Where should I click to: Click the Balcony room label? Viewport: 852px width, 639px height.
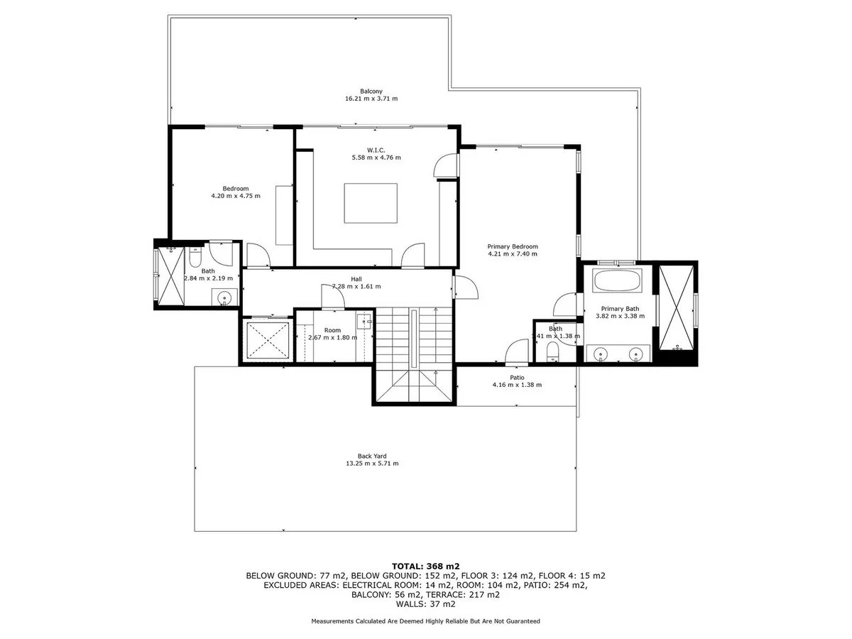(371, 92)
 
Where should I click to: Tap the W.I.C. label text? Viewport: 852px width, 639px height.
(376, 150)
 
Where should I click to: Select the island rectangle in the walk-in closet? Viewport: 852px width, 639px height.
(371, 203)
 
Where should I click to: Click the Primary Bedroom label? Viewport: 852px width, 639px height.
(513, 247)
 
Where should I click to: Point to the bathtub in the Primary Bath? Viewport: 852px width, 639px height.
(617, 281)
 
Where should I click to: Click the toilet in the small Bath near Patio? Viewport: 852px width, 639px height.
(552, 352)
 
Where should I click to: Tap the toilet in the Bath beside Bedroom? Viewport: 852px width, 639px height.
(195, 257)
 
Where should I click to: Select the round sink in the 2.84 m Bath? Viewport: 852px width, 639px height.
(224, 298)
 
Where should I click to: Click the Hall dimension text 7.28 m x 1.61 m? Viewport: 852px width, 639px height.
(356, 287)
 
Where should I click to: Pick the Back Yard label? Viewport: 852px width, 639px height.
(372, 457)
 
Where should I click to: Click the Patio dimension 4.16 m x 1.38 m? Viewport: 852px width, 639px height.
(517, 385)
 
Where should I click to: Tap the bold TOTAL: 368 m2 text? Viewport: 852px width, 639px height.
(425, 567)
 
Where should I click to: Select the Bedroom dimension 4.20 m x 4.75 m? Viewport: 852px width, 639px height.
(236, 196)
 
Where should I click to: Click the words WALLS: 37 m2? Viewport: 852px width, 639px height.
(425, 604)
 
